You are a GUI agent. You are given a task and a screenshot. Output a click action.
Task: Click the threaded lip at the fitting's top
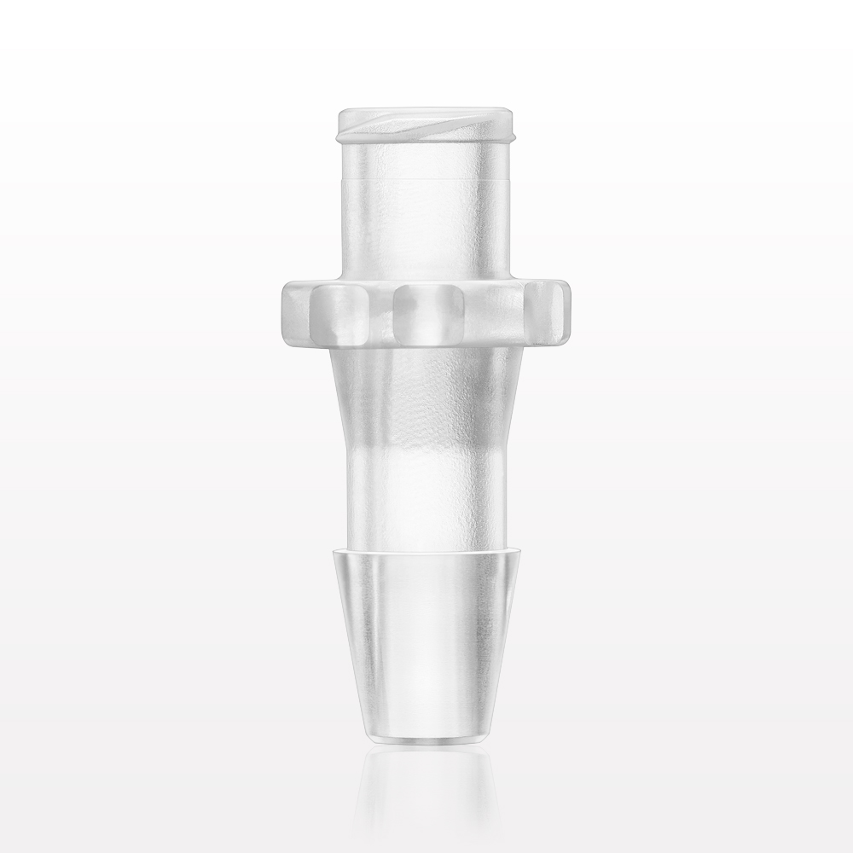point(426,125)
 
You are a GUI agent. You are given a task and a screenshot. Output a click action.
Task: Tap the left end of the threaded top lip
point(342,125)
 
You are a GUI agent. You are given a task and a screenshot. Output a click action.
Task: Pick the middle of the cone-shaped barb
point(426,640)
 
